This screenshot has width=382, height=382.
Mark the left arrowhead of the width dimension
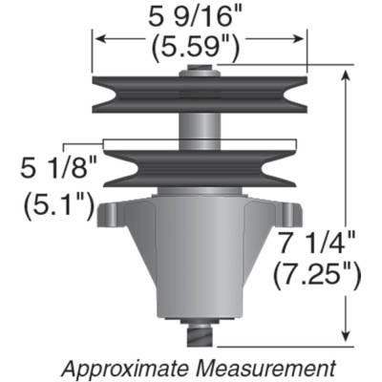pos(96,39)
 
